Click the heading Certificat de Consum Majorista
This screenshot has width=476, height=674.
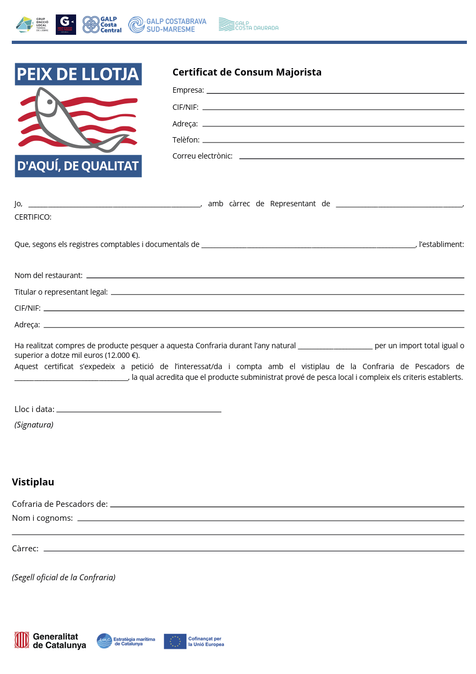click(247, 72)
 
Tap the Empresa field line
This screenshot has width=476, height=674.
click(335, 93)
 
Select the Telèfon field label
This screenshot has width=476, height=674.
click(186, 140)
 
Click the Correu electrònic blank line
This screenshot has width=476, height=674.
click(351, 158)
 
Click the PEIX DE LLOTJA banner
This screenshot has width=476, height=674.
click(78, 74)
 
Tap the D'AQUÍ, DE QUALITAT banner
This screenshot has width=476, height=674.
click(78, 166)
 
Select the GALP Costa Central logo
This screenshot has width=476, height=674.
click(102, 25)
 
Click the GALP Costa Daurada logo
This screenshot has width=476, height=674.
click(248, 25)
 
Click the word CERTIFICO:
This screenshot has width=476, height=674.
click(33, 217)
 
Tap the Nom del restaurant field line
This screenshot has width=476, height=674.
click(275, 277)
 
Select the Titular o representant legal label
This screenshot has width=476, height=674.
click(61, 292)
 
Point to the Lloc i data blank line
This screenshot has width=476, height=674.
click(138, 411)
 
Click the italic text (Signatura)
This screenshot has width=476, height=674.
click(34, 425)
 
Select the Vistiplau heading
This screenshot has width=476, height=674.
click(33, 482)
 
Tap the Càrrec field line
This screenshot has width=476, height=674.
click(254, 550)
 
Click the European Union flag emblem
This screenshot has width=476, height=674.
click(175, 641)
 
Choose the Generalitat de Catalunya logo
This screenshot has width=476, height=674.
click(50, 641)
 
